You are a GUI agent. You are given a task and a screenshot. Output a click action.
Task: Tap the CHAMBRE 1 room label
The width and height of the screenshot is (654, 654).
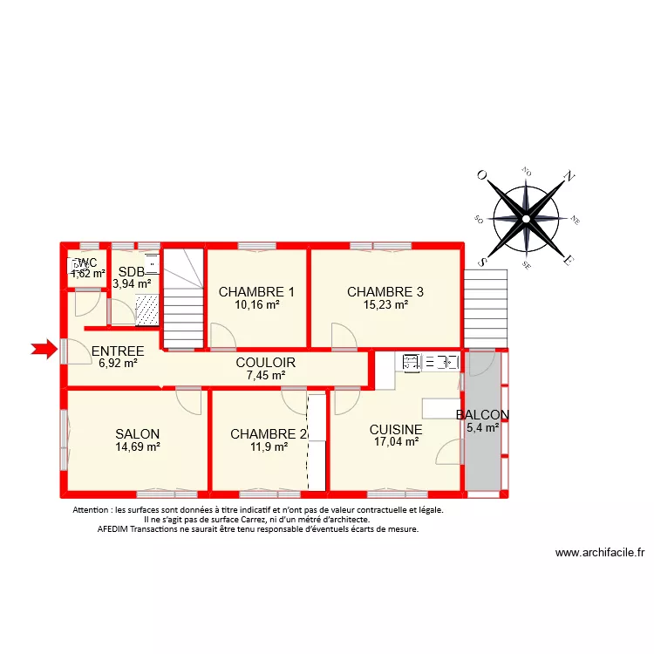click(x=256, y=292)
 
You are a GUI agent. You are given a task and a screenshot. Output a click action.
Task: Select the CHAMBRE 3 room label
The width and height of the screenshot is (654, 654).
click(x=385, y=292)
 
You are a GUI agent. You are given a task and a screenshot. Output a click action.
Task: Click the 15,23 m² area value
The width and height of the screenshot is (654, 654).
click(x=385, y=305)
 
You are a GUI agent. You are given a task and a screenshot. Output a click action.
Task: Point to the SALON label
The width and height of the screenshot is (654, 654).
click(x=138, y=433)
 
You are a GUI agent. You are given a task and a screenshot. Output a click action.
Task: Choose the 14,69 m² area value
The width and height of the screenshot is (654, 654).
click(x=138, y=446)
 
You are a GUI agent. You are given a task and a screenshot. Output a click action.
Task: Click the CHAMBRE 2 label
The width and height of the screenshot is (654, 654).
click(x=269, y=433)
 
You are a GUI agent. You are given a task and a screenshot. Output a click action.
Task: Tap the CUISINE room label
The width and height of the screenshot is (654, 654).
click(x=396, y=430)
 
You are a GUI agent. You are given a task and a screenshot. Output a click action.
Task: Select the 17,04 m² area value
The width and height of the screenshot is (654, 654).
click(x=396, y=442)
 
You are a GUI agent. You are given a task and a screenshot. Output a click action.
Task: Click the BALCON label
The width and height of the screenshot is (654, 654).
click(x=482, y=415)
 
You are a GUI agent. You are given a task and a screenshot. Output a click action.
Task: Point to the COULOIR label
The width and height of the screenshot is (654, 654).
click(x=265, y=363)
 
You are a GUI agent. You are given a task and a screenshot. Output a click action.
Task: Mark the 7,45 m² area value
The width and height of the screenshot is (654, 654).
click(x=265, y=376)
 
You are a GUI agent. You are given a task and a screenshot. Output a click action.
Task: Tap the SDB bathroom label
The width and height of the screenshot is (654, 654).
click(x=132, y=271)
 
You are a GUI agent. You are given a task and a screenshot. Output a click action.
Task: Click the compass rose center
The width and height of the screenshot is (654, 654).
click(x=526, y=216)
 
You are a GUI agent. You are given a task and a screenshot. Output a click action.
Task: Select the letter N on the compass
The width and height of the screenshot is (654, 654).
click(x=570, y=176)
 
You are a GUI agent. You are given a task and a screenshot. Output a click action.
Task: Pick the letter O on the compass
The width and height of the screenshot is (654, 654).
click(x=480, y=175)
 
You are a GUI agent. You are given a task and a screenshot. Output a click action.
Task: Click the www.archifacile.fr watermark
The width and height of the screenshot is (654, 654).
click(x=599, y=552)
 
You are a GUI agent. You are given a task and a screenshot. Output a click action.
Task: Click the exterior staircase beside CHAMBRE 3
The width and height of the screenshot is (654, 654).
click(x=485, y=306)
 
